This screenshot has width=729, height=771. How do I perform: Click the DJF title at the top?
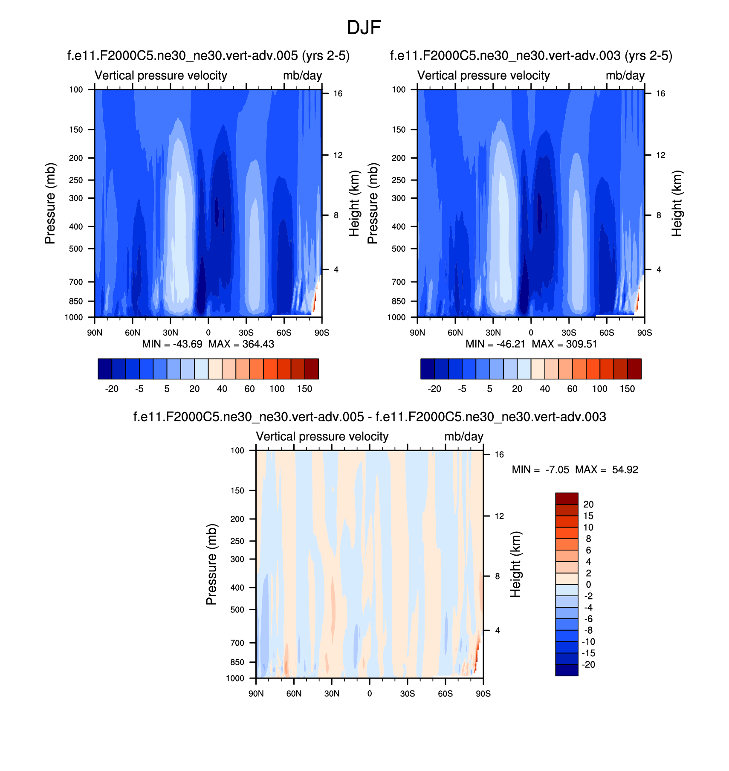[364, 28]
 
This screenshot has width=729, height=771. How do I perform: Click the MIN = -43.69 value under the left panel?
[172, 344]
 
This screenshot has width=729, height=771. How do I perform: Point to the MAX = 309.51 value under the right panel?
[564, 344]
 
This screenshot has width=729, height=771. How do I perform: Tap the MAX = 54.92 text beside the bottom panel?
[606, 470]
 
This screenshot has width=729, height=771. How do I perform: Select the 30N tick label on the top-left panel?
[170, 333]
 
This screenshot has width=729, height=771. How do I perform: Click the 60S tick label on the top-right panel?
[607, 333]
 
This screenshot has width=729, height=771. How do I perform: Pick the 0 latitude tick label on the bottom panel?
[370, 694]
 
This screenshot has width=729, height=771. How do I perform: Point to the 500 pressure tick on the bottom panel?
[237, 610]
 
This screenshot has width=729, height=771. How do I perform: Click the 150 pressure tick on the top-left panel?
[76, 130]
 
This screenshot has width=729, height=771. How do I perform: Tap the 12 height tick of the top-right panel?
[660, 155]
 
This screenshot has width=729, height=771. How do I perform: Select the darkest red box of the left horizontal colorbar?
[312, 369]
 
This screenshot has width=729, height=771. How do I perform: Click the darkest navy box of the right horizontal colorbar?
[428, 369]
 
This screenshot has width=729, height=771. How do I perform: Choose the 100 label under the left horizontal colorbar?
[277, 389]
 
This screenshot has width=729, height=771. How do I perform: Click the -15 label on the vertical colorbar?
[588, 653]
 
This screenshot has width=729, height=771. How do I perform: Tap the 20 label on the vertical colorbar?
[588, 504]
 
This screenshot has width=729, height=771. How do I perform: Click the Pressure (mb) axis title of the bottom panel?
[211, 564]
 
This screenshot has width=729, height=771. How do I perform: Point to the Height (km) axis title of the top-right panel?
[677, 203]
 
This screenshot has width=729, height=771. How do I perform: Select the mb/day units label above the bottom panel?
[463, 437]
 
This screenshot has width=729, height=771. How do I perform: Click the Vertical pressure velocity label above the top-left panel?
[161, 75]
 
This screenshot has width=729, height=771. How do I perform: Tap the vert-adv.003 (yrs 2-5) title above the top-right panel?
[531, 56]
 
